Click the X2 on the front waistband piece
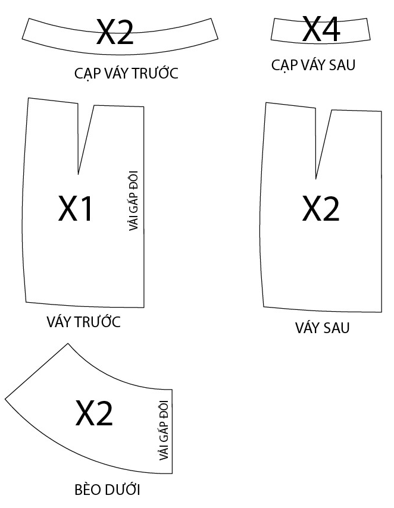pos(115,32)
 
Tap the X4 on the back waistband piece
pos(321,28)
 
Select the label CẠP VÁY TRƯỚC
pos(126,74)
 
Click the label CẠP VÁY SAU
pos(313,65)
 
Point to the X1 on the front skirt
pos(76,208)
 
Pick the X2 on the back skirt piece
pos(321,209)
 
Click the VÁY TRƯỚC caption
pos(83,322)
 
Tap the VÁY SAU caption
pos(322,328)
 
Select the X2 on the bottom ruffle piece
pos(94,413)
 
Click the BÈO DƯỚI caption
pos(107,491)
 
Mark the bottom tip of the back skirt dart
pos(317,178)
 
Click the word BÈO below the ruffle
pos(87,491)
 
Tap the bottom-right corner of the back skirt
pos(381,312)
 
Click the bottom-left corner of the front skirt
pos(26,302)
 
